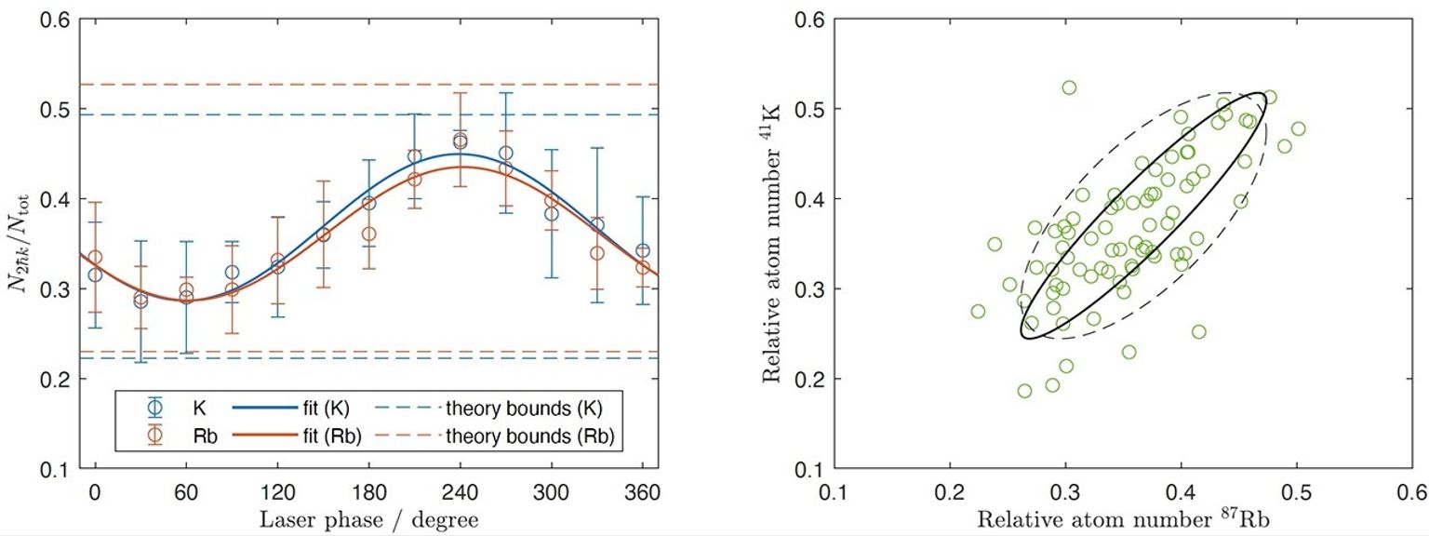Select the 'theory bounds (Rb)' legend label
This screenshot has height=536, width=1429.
coord(530,435)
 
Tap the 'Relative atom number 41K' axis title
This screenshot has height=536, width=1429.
coord(771,243)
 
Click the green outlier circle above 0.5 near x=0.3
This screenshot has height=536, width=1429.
coord(1069,87)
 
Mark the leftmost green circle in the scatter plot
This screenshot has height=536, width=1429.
coord(978,311)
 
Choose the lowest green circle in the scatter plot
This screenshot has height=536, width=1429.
coord(1024,391)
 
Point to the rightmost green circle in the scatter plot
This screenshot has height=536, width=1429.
coord(1298,128)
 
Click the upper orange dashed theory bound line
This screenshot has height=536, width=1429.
coord(372,85)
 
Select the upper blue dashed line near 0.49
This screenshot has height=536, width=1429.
coord(372,114)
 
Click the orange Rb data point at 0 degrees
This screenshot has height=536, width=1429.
coord(95,257)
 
